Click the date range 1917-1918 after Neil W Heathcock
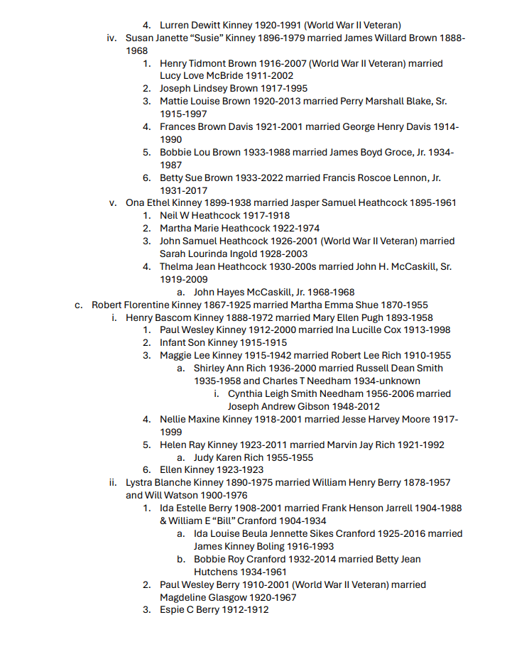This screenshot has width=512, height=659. [x=266, y=216]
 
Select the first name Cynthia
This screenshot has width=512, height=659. [x=248, y=393]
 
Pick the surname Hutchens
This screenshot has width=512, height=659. [x=217, y=572]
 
